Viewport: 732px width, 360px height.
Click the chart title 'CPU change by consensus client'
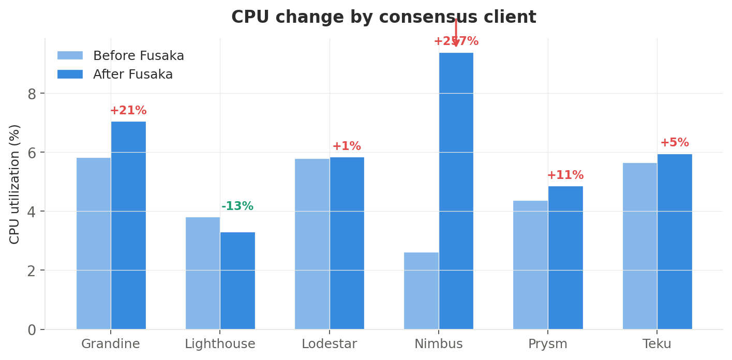(x=383, y=18)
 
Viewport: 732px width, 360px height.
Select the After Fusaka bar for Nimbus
(x=456, y=191)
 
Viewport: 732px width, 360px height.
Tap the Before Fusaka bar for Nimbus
(x=421, y=291)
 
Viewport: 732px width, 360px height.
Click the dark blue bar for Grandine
(x=128, y=226)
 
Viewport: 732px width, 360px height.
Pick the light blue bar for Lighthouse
(x=203, y=273)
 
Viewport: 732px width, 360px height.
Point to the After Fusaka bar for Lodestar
(x=347, y=243)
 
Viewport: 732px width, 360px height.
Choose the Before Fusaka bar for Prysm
(x=530, y=265)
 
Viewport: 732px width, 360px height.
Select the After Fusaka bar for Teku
(x=674, y=242)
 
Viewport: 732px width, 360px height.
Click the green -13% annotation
(x=237, y=206)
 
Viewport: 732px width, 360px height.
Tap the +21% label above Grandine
(x=128, y=111)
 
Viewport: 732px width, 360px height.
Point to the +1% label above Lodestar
(x=347, y=146)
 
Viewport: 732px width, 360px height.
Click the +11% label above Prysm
(x=565, y=175)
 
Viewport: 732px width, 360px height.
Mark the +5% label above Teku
(x=674, y=143)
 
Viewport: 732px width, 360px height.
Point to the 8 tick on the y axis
(x=33, y=94)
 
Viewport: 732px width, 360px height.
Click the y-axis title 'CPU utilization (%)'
(x=15, y=184)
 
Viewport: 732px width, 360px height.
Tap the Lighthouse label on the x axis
(x=220, y=344)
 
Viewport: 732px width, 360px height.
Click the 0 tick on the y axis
(x=33, y=330)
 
